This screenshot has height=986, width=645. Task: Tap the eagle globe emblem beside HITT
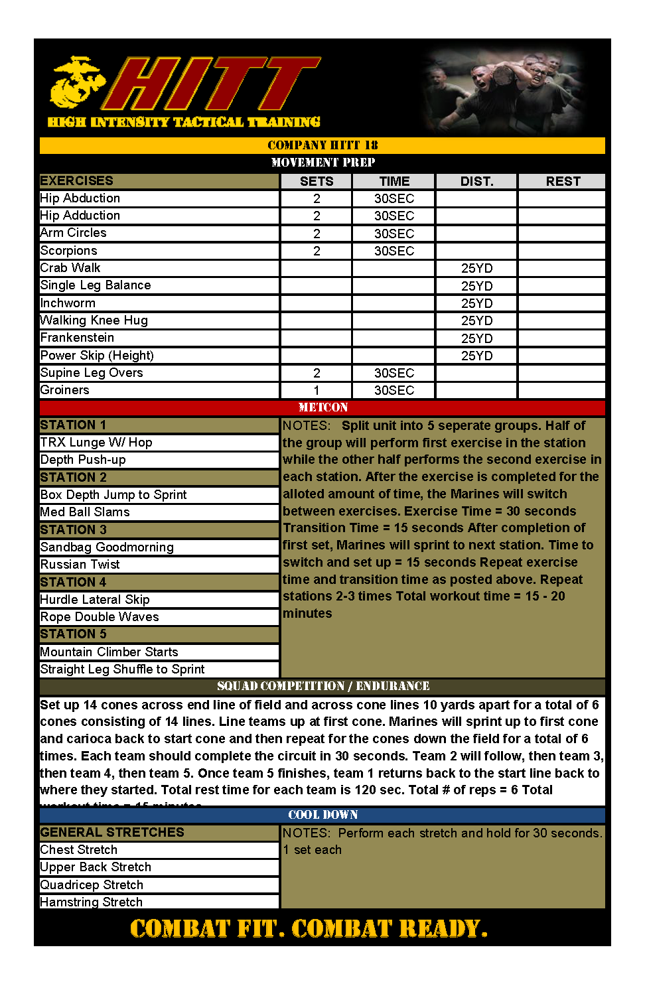pos(76,82)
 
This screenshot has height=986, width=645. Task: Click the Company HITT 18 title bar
pos(322,145)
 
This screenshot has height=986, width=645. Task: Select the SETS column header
pos(317,181)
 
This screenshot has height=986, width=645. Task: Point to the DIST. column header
pos(476,181)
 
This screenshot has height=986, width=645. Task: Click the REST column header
pos(562,181)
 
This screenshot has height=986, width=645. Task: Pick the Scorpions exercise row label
pos(69,251)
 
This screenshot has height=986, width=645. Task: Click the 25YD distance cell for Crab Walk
pos(476,268)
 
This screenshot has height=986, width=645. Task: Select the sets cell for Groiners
pos(317,390)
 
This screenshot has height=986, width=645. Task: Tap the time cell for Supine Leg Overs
pos(394,373)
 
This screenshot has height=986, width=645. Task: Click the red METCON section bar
pos(322,407)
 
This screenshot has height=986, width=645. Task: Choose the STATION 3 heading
pos(74,529)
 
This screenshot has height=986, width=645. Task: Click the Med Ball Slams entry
pos(85,512)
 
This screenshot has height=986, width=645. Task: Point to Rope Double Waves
pos(100,617)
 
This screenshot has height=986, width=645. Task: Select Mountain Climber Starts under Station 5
pos(109,652)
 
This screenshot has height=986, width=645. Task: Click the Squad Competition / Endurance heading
pos(322,686)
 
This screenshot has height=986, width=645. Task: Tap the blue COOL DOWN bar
pos(322,815)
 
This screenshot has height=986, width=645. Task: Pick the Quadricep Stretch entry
pos(92,885)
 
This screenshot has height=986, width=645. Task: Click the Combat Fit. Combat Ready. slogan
pos(309,928)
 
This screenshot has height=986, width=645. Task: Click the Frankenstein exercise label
pos(77,338)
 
